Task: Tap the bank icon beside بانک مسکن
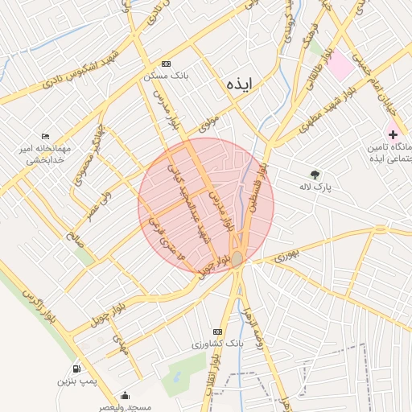[167, 64]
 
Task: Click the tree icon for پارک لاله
[314, 174]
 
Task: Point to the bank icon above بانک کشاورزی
[216, 332]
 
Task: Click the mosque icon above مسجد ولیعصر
[125, 396]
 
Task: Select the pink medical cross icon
[392, 134]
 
